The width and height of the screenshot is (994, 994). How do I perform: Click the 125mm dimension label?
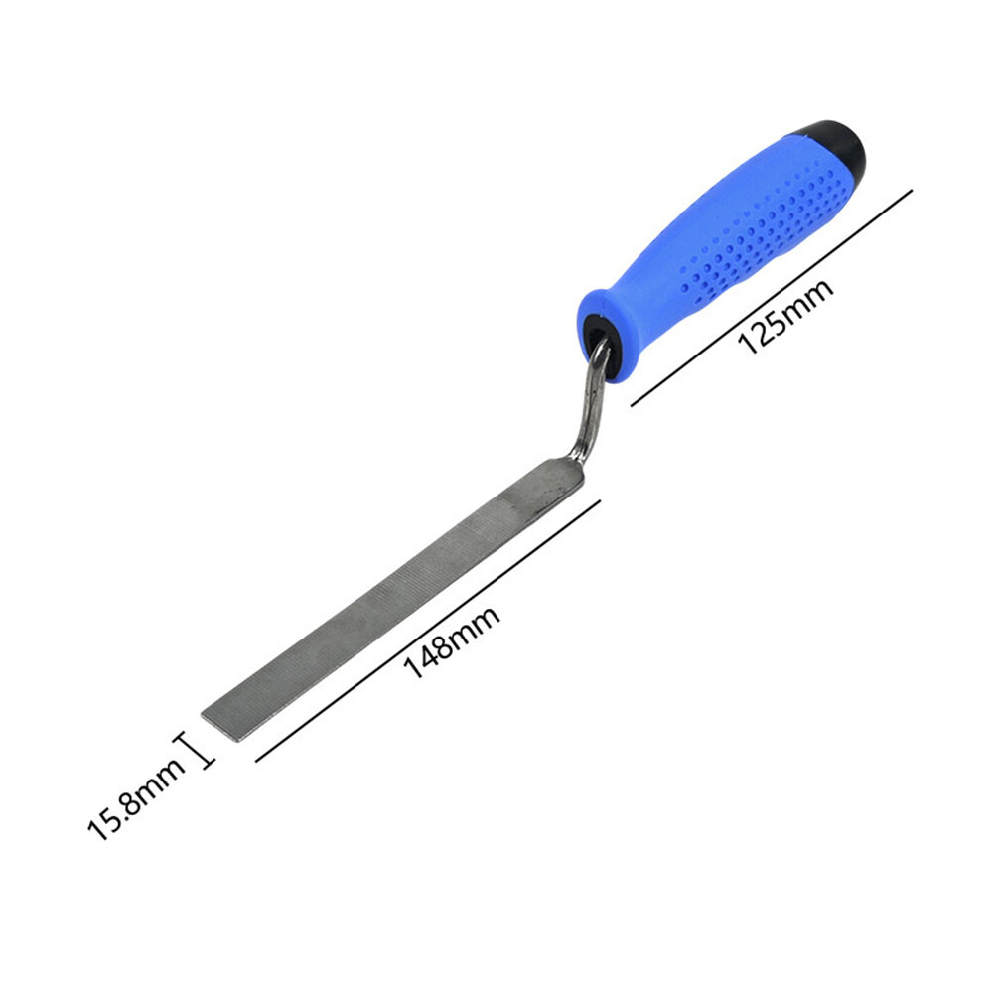[785, 315]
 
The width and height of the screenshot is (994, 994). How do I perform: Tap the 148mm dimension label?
[452, 641]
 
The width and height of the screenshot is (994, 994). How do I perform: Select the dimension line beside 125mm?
[772, 297]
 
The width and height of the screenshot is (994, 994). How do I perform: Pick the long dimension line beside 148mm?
[428, 631]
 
